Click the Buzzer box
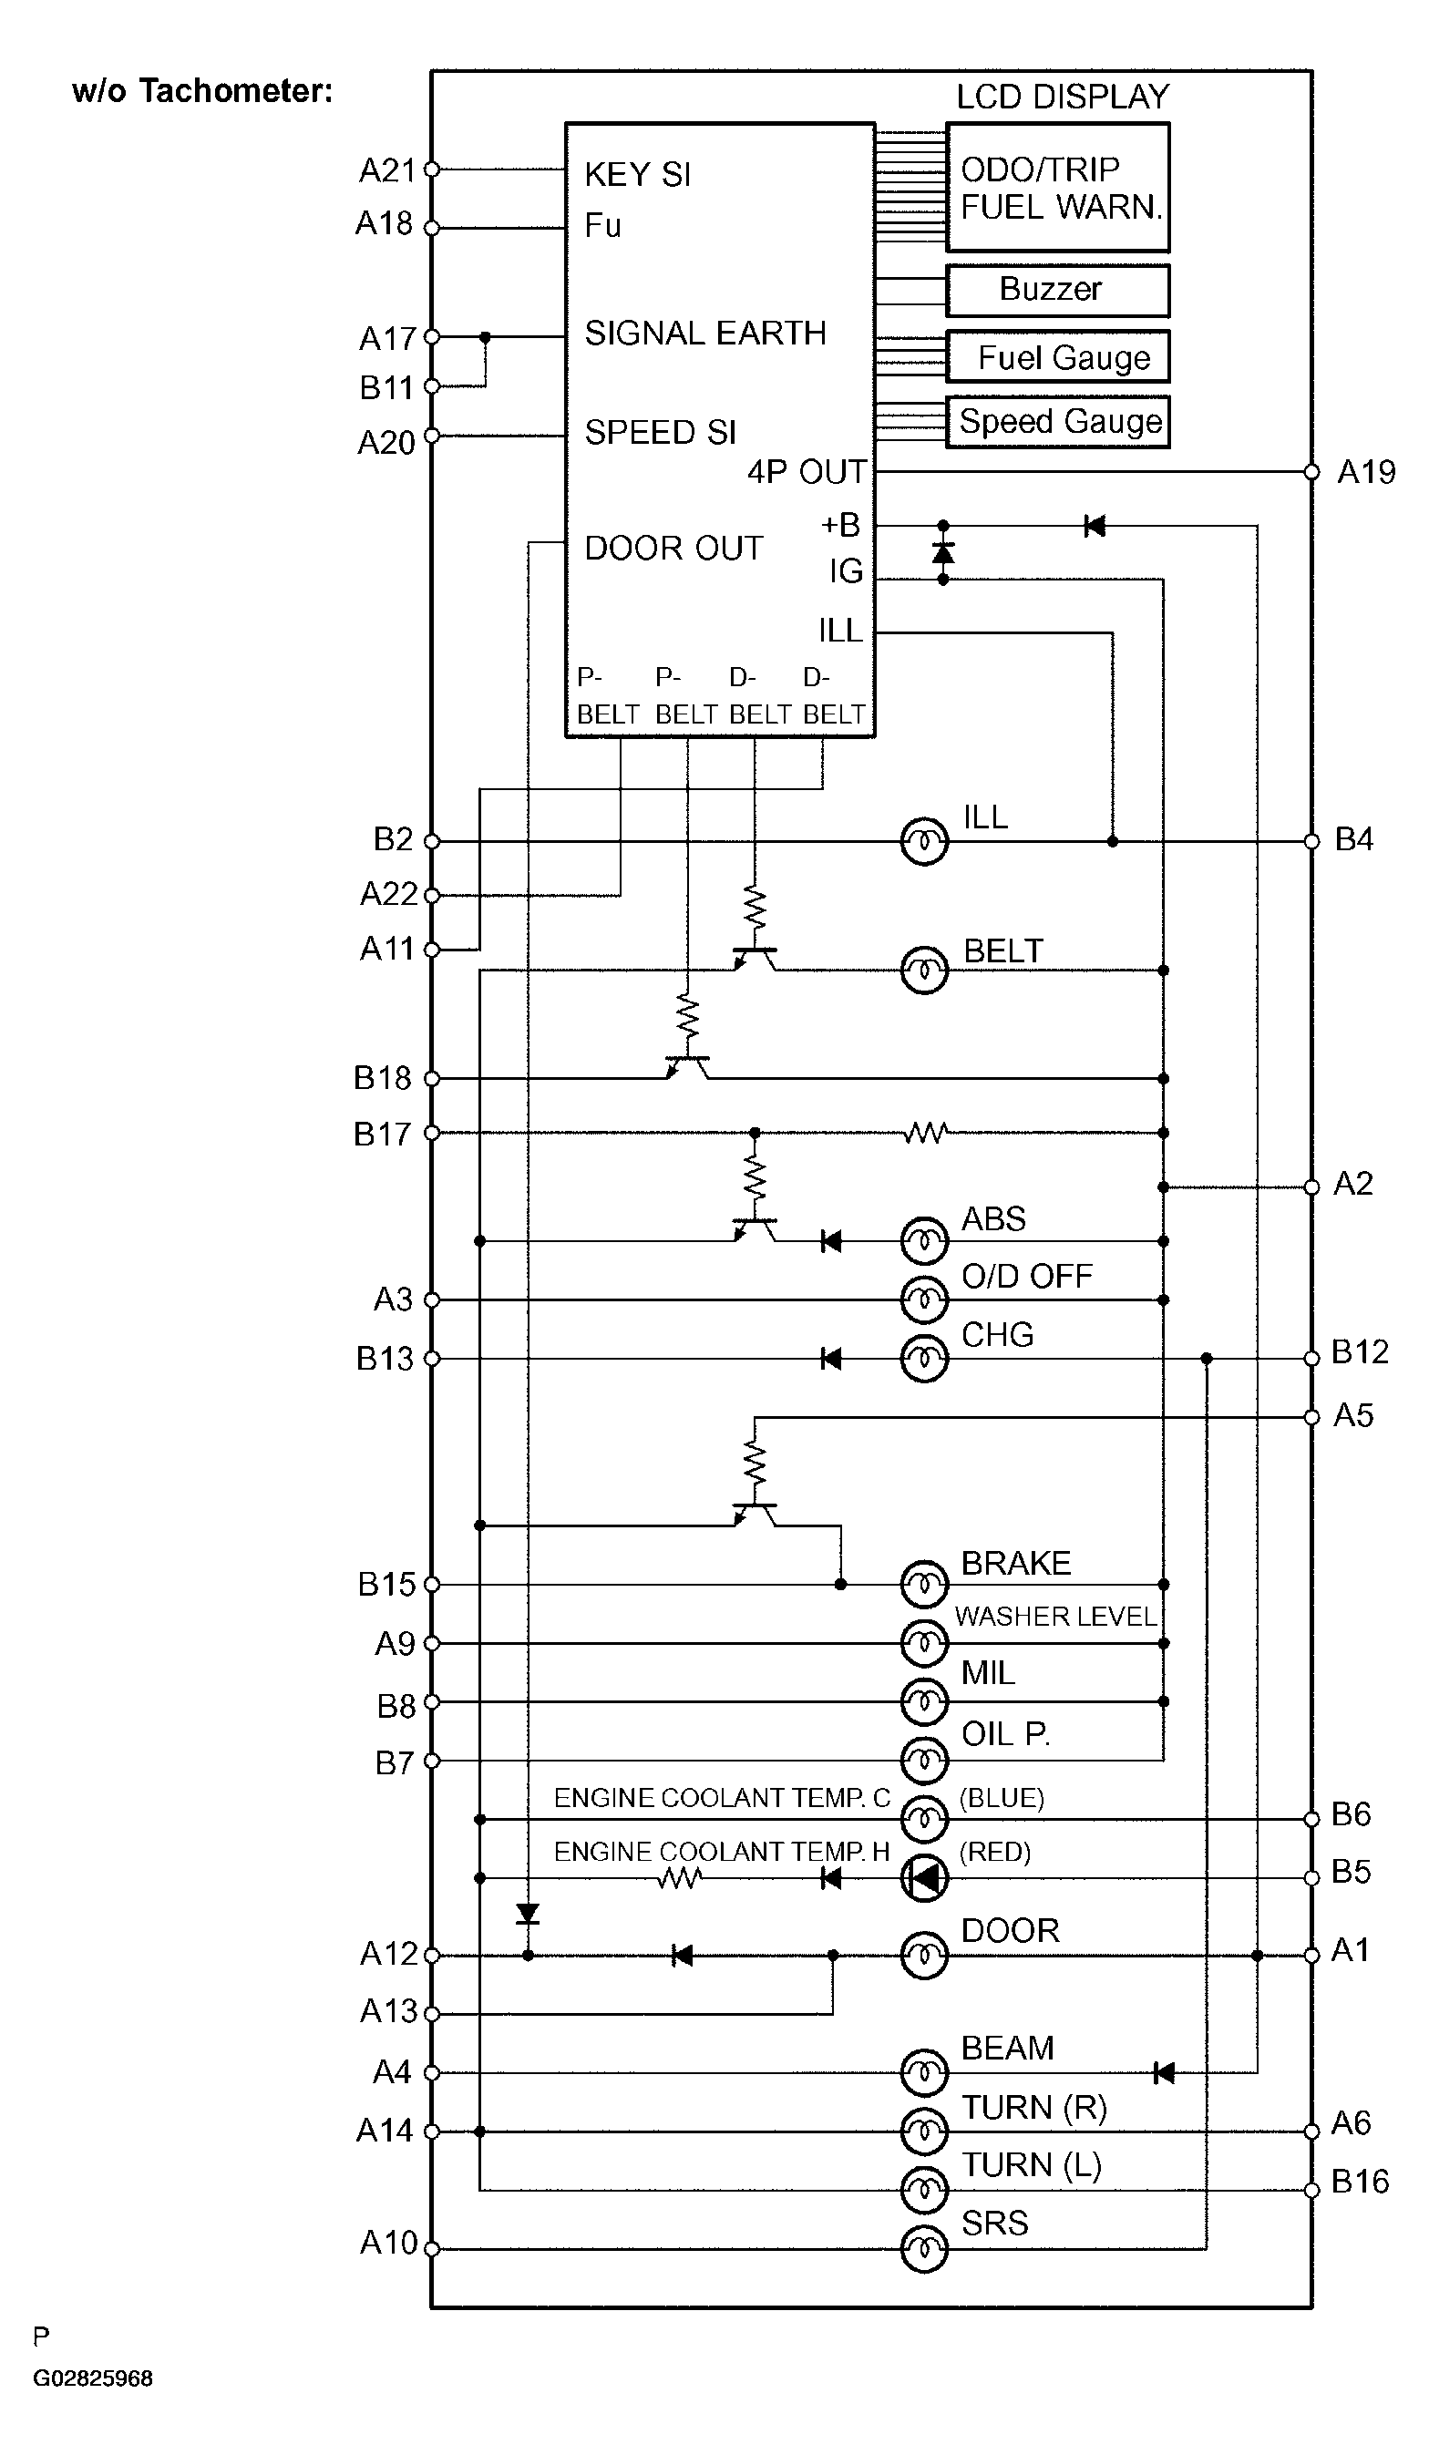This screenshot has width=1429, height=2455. [1057, 291]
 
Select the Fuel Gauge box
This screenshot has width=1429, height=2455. [1057, 356]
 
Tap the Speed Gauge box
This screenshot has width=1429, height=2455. [1057, 421]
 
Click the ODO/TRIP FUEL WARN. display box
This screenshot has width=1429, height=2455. [1057, 187]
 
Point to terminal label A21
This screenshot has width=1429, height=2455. [386, 170]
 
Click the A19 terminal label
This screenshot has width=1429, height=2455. [1366, 472]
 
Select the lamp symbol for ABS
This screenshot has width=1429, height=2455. [923, 1241]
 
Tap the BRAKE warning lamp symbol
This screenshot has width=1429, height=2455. [923, 1585]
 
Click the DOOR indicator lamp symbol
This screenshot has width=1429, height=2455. [923, 1956]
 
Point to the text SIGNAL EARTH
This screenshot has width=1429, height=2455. [705, 334]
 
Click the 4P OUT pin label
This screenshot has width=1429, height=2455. [807, 472]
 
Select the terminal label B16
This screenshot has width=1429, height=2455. [1360, 2182]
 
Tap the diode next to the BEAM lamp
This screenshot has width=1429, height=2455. [1163, 2073]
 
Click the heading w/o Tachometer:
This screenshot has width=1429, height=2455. [202, 90]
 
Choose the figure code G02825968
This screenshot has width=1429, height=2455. [93, 2378]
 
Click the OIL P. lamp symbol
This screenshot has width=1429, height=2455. [923, 1761]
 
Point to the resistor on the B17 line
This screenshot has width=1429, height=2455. [924, 1133]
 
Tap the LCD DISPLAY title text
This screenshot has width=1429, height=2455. [1063, 97]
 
